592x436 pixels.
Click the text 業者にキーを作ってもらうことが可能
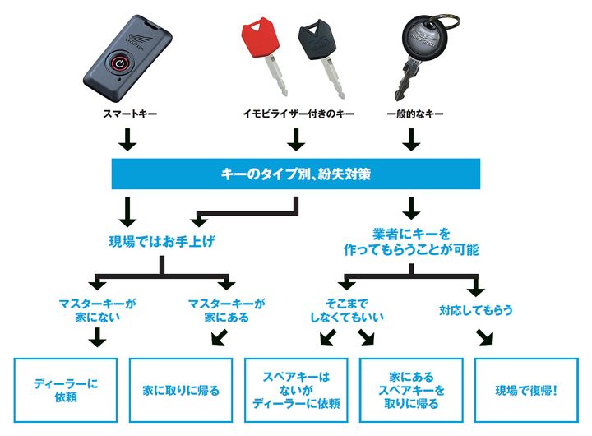(413, 240)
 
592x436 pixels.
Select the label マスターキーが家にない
(97, 309)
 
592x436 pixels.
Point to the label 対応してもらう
(476, 310)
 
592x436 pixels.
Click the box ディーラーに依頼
(66, 390)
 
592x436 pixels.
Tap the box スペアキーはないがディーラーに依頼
(296, 390)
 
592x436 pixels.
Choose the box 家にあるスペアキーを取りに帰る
(411, 390)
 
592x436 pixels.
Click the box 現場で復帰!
(525, 390)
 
